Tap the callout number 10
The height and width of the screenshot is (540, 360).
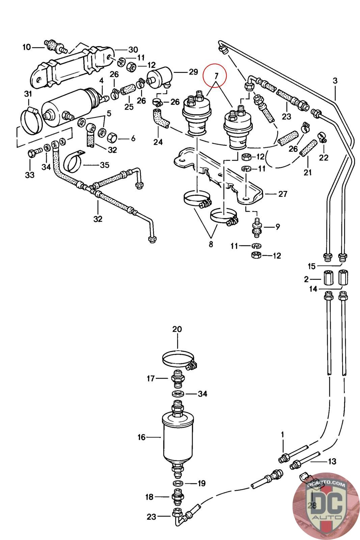pyautogui.click(x=27, y=47)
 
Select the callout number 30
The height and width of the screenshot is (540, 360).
pyautogui.click(x=133, y=50)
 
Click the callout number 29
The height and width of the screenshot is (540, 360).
pyautogui.click(x=193, y=72)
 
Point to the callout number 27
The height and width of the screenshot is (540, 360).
pyautogui.click(x=283, y=194)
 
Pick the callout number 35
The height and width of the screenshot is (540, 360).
pyautogui.click(x=105, y=165)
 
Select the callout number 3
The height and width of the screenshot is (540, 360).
pyautogui.click(x=335, y=81)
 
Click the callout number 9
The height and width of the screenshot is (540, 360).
pyautogui.click(x=278, y=227)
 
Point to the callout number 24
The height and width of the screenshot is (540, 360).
pyautogui.click(x=158, y=142)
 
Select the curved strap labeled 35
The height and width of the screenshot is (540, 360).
pyautogui.click(x=74, y=161)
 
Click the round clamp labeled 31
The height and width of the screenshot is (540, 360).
pyautogui.click(x=32, y=121)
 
